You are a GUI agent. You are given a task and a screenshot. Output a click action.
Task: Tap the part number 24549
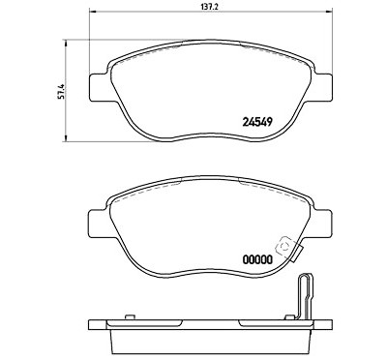tap(257, 122)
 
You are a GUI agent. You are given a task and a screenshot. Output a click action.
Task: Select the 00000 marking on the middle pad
tap(257, 259)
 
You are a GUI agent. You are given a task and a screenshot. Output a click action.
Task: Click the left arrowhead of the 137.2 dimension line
tap(91, 12)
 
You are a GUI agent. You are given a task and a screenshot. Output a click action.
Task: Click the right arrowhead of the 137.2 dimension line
tap(329, 12)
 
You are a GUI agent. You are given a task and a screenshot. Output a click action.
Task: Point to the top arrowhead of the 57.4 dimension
tap(66, 43)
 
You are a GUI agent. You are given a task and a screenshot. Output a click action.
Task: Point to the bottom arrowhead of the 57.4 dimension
tap(66, 138)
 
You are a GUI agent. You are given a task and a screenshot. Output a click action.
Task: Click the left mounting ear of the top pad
tap(98, 87)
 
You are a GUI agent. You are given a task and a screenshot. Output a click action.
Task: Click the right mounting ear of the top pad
tap(323, 87)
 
